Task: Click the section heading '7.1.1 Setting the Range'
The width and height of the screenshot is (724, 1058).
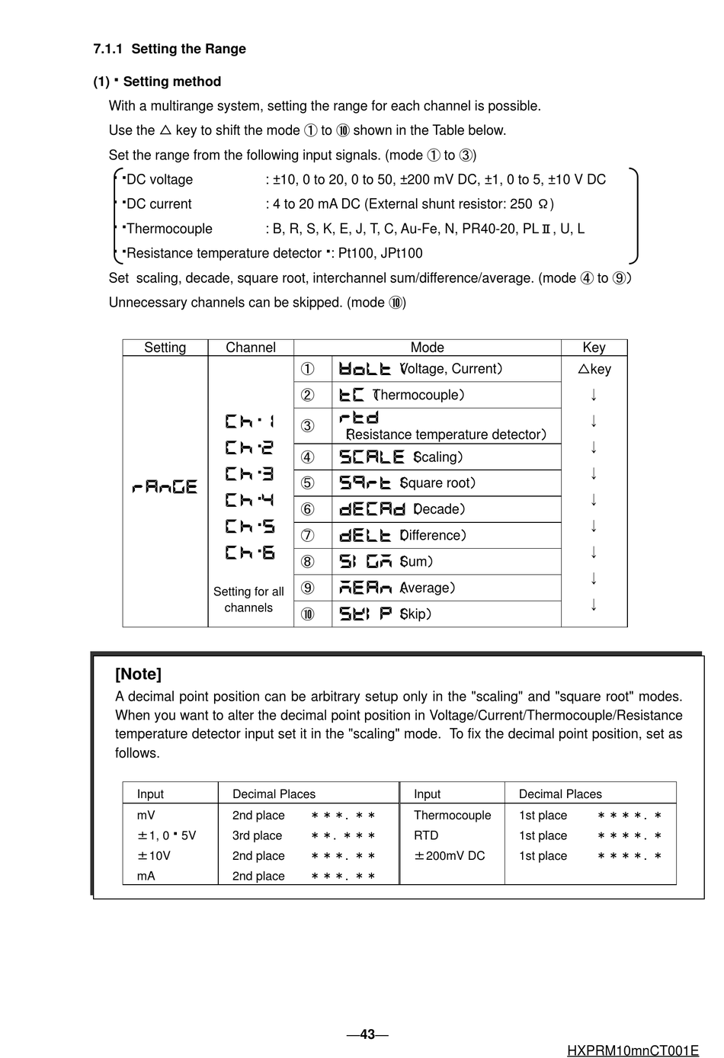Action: [x=169, y=49]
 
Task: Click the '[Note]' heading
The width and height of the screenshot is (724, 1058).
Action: [x=138, y=674]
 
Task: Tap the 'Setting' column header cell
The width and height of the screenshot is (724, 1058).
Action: [x=165, y=348]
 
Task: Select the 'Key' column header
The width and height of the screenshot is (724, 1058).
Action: [x=594, y=348]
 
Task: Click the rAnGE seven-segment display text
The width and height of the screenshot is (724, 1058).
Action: [x=165, y=486]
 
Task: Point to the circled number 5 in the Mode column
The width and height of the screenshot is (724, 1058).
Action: [x=307, y=483]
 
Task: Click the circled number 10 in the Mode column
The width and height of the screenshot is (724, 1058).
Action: [x=307, y=614]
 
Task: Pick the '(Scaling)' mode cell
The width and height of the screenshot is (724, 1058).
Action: [x=446, y=457]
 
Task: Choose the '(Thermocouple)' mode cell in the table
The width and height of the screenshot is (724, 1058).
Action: [x=446, y=395]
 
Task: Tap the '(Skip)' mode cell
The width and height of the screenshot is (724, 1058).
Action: [x=446, y=614]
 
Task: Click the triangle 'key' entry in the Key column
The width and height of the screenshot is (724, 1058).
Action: [x=594, y=369]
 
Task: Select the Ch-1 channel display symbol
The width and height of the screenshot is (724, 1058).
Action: [x=249, y=422]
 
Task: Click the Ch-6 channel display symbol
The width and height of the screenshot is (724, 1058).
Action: [x=249, y=553]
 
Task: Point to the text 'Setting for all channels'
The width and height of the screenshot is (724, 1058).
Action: [x=248, y=600]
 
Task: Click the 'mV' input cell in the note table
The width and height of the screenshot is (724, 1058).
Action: [x=146, y=816]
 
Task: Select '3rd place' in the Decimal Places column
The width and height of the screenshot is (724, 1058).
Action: [x=257, y=836]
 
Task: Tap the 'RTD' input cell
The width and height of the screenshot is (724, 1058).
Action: [x=426, y=836]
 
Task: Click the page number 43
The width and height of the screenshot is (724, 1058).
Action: [x=367, y=1034]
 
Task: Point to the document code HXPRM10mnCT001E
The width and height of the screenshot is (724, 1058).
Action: [x=633, y=1051]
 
